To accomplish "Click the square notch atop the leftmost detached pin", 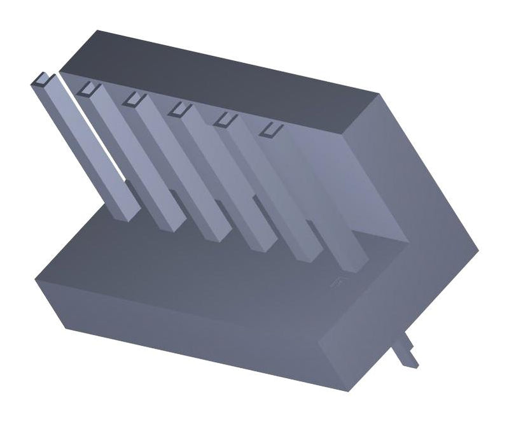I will [x=42, y=80].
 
